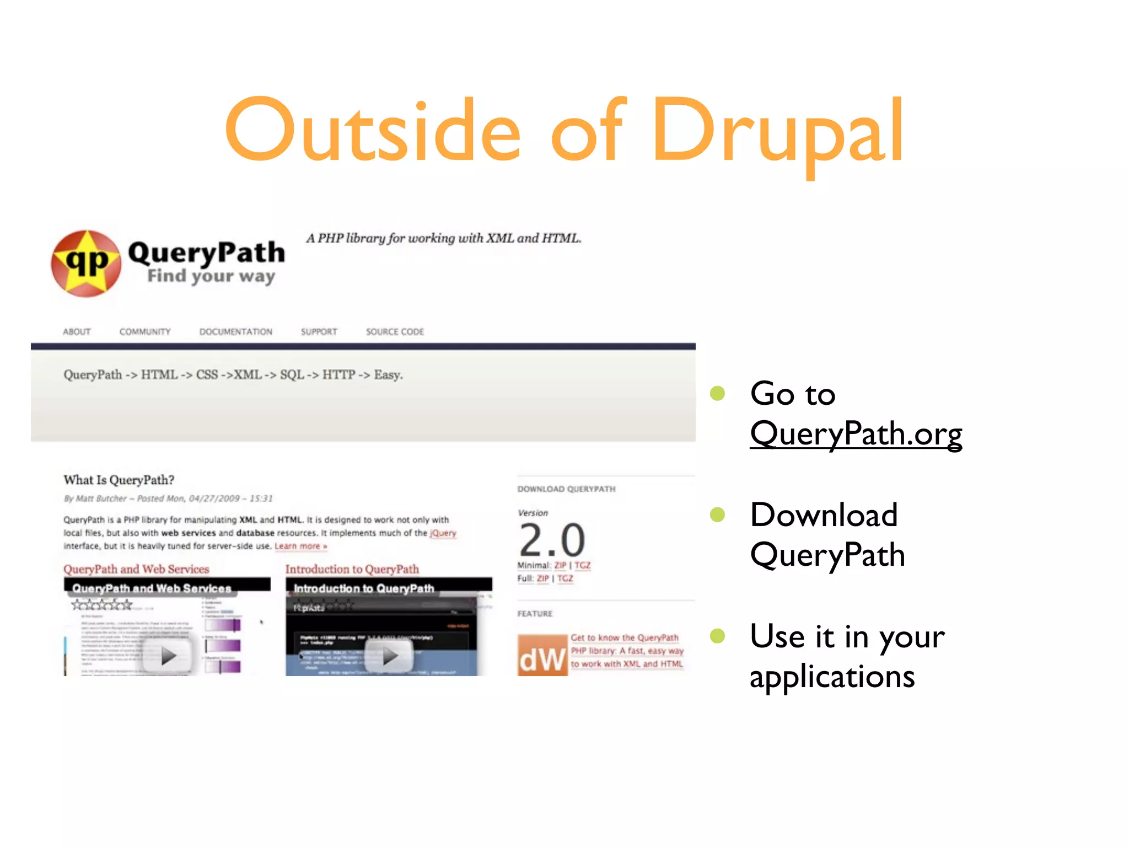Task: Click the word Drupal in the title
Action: coord(777,132)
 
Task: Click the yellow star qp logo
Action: coord(87,263)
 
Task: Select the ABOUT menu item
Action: coord(77,331)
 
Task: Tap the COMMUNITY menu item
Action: coord(145,331)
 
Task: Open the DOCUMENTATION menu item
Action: coord(236,331)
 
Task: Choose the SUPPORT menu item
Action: coord(319,331)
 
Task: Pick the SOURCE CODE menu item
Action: coord(395,331)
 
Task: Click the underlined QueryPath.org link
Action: coord(856,434)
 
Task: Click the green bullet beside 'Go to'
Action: coord(717,393)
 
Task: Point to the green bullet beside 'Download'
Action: coord(717,514)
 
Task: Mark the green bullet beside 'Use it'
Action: coord(717,636)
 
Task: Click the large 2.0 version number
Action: coord(552,540)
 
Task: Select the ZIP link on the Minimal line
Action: coord(560,565)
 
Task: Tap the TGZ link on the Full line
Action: coord(565,578)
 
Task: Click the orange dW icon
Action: coord(542,655)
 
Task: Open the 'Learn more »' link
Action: coord(301,546)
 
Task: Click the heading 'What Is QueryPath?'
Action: coord(119,480)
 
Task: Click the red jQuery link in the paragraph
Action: coord(443,533)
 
